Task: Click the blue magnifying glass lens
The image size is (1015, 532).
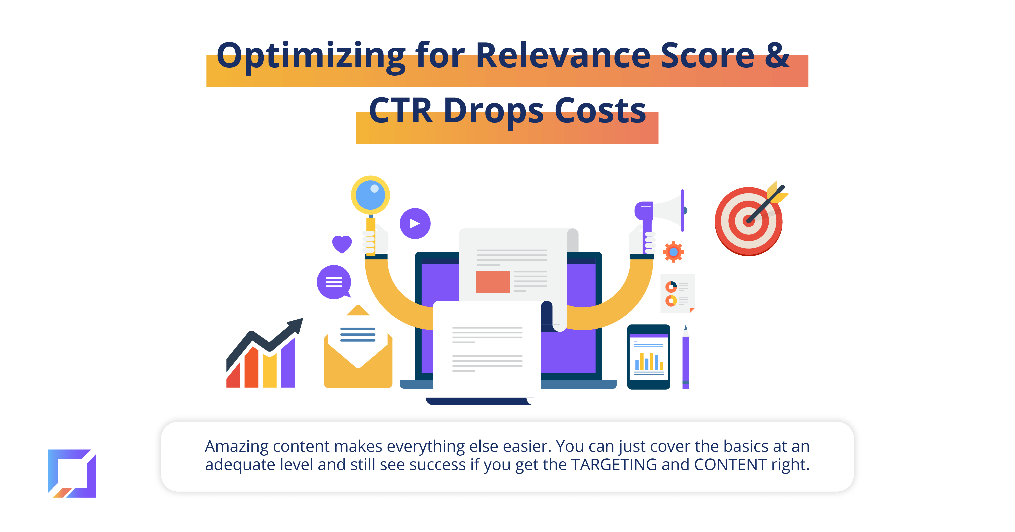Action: pos(370,195)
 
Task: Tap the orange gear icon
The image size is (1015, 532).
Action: pos(673,252)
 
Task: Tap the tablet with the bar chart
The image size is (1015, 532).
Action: pos(649,357)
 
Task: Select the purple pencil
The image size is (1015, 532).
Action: pos(686,357)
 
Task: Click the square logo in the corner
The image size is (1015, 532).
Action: pos(72,473)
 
